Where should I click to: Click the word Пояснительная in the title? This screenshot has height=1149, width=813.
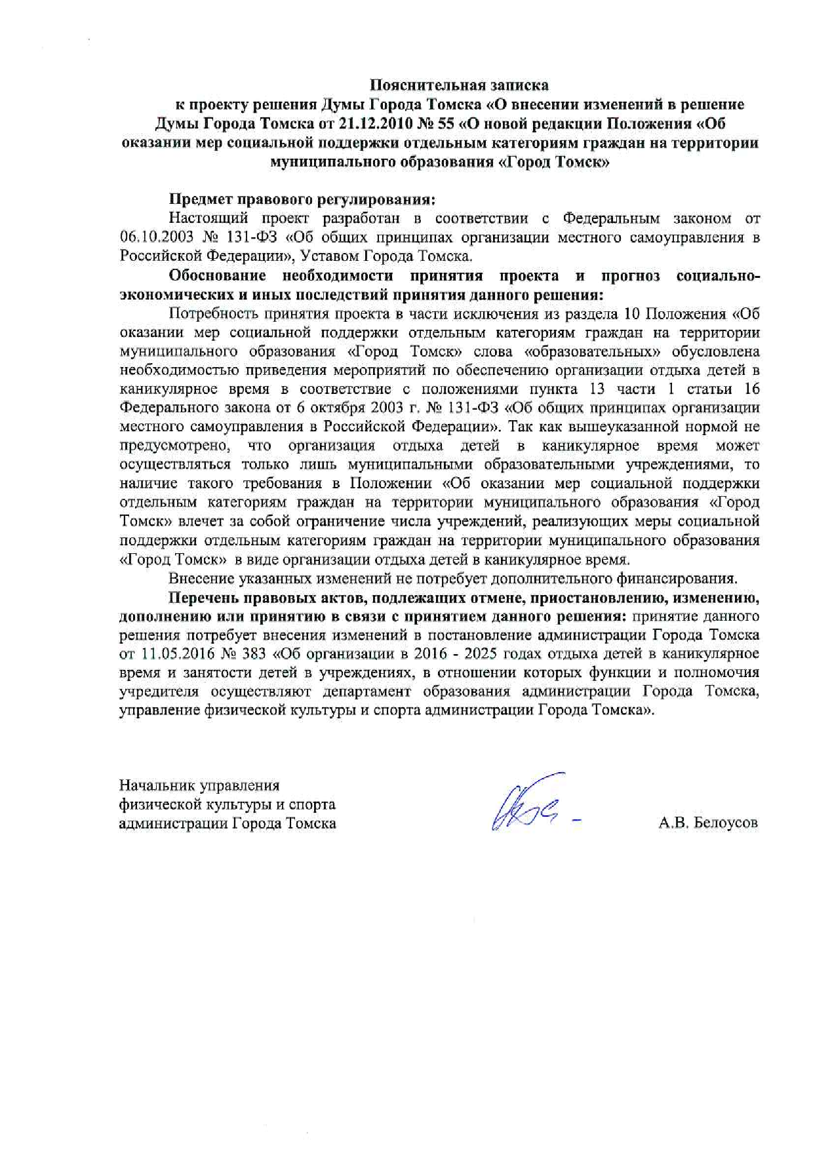pyautogui.click(x=424, y=85)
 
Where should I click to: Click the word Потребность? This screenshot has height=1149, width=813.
pyautogui.click(x=210, y=313)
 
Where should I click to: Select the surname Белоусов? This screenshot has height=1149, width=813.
pyautogui.click(x=725, y=823)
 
